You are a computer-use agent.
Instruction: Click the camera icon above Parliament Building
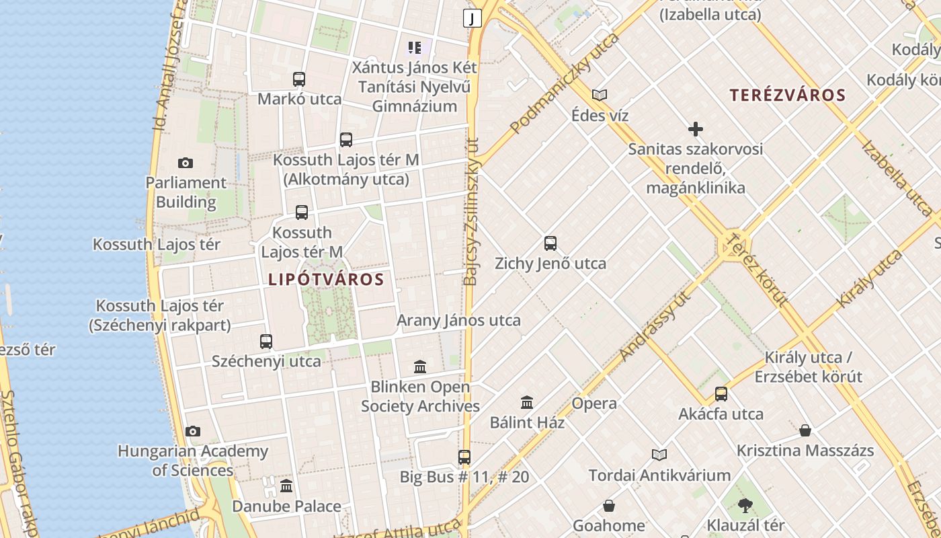[186, 163]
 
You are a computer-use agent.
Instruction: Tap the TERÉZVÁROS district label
[788, 95]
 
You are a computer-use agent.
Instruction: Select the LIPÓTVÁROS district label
[326, 280]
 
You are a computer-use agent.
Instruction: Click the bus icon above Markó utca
[299, 79]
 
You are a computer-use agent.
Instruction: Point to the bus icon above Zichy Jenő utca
[550, 243]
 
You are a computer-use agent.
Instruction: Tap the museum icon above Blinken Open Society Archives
[421, 367]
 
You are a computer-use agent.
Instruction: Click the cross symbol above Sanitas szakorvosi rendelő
[696, 128]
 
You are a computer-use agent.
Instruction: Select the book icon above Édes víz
[600, 95]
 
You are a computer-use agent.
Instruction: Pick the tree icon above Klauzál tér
[745, 505]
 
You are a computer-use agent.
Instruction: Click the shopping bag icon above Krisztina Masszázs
[805, 430]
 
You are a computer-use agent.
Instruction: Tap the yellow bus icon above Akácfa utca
[721, 394]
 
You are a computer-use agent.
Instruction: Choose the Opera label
[594, 403]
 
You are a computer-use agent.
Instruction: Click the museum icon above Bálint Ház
[527, 402]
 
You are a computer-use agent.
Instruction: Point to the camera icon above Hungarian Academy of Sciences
[193, 431]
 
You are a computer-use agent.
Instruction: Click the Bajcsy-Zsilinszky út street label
[471, 212]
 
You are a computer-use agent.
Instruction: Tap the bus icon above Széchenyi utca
[266, 342]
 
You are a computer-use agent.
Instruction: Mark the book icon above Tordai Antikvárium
[659, 455]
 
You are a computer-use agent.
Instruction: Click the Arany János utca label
[458, 320]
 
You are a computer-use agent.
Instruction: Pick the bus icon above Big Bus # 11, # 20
[464, 457]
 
